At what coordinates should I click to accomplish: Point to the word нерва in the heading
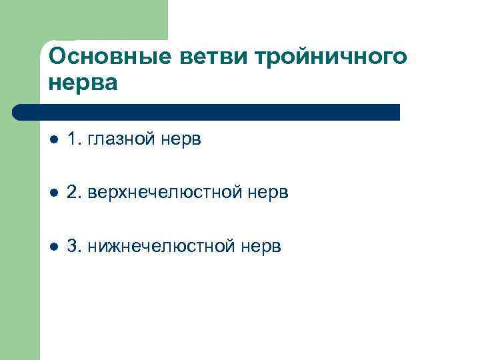tap(83, 83)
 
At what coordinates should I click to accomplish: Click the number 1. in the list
tap(75, 139)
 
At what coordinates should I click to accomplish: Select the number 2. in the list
tap(75, 193)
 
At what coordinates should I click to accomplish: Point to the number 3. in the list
tap(75, 246)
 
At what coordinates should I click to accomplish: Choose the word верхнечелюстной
tap(166, 193)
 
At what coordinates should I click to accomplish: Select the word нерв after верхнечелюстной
tap(268, 193)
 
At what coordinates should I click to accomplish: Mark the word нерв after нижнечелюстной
tap(261, 247)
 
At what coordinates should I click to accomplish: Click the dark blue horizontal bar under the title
tap(213, 112)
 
